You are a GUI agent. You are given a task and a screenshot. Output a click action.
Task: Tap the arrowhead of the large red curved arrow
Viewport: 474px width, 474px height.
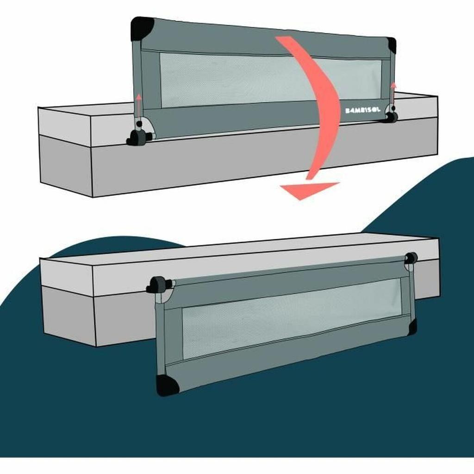click(308, 189)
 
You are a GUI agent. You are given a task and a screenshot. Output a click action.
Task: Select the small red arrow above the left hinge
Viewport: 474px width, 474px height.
click(138, 105)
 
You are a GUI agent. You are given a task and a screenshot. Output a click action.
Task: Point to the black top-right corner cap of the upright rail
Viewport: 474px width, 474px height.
click(392, 45)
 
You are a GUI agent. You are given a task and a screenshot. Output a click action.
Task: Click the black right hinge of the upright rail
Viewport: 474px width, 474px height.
click(391, 117)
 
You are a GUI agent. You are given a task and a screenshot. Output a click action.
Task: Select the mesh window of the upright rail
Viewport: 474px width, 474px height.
click(231, 79)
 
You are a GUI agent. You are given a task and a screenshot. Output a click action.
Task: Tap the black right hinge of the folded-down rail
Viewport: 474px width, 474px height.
click(411, 258)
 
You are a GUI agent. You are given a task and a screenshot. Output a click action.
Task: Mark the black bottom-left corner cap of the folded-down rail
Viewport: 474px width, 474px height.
click(167, 385)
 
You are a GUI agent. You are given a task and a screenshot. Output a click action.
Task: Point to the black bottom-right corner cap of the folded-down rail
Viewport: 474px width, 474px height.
click(412, 327)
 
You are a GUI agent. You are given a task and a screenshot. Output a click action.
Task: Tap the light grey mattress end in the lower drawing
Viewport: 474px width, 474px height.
click(67, 273)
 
